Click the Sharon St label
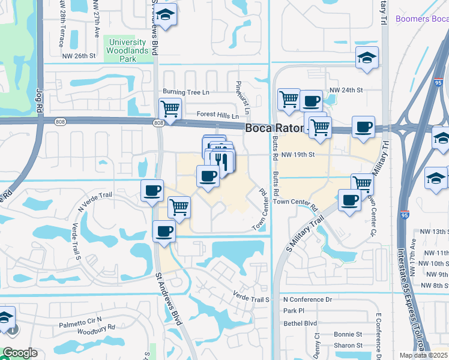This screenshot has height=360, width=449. [x=348, y=345]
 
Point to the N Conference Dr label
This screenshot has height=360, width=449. [x=307, y=299]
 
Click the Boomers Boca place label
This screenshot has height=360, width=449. [x=422, y=19]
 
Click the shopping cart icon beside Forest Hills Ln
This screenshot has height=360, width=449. [x=170, y=110]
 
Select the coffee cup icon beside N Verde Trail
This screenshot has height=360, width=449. [x=152, y=190]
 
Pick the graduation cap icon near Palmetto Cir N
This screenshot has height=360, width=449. [x=5, y=318]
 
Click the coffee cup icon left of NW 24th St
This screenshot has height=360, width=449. [x=310, y=101]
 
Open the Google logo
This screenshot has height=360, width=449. [x=20, y=353]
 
